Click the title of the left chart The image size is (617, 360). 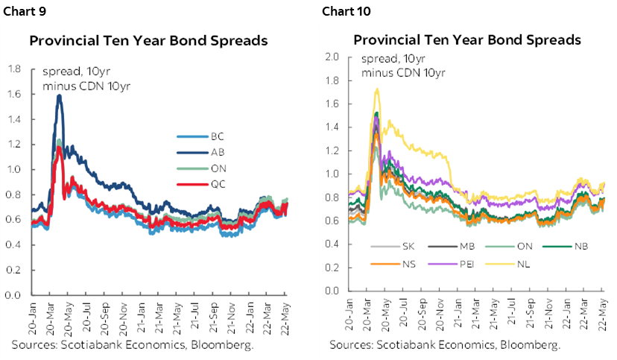(x=148, y=41)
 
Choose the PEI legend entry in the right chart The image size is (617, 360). (x=463, y=263)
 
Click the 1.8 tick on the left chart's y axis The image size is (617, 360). (x=13, y=69)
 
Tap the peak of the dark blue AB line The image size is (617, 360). (x=59, y=95)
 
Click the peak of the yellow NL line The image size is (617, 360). (x=377, y=89)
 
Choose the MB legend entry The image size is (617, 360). (x=463, y=246)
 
